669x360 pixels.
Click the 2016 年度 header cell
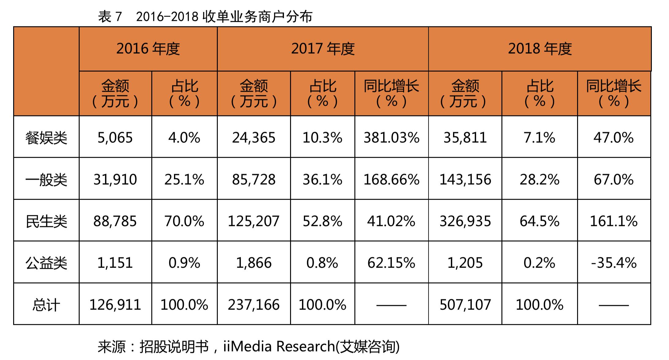pyautogui.click(x=148, y=49)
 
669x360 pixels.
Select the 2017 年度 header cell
pyautogui.click(x=323, y=49)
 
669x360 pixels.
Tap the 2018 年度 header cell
pyautogui.click(x=540, y=49)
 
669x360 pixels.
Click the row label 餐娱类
pyautogui.click(x=46, y=138)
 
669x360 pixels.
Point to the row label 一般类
pyautogui.click(x=46, y=179)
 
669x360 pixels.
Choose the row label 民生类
pyautogui.click(x=46, y=221)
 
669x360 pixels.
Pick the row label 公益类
pyautogui.click(x=46, y=263)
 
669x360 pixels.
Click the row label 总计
pyautogui.click(x=46, y=305)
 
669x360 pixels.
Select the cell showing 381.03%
pyautogui.click(x=391, y=138)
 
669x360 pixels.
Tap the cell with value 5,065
pyautogui.click(x=115, y=138)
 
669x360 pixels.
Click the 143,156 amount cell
pyautogui.click(x=465, y=179)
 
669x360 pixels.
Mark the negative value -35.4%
pyautogui.click(x=614, y=263)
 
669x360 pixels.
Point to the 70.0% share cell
pyautogui.click(x=184, y=221)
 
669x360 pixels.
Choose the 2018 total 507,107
pyautogui.click(x=465, y=305)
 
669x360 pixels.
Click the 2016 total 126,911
pyautogui.click(x=115, y=305)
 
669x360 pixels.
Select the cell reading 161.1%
pyautogui.click(x=614, y=221)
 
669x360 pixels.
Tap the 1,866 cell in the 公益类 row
pyautogui.click(x=254, y=263)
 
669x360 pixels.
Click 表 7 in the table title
pyautogui.click(x=110, y=17)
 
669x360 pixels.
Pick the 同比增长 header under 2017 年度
pyautogui.click(x=391, y=93)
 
